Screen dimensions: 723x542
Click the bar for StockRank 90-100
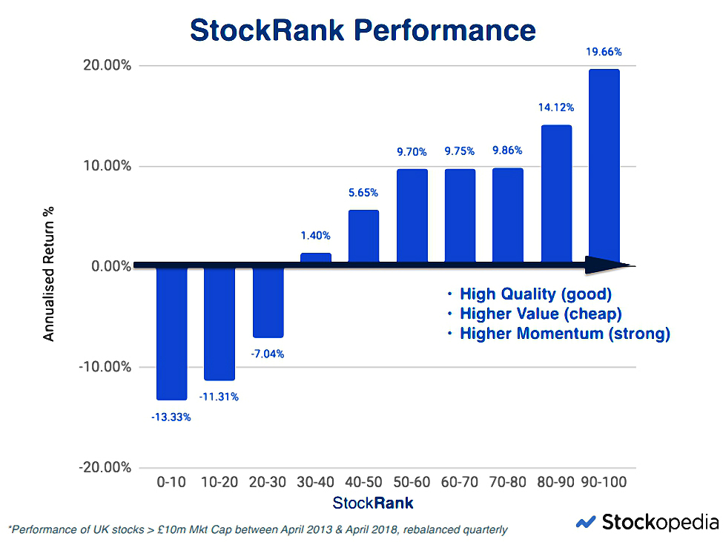(x=604, y=167)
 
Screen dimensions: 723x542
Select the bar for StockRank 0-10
(x=171, y=333)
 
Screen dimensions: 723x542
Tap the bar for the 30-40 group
(x=316, y=258)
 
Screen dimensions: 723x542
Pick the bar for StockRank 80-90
(x=557, y=194)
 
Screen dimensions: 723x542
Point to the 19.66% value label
(x=604, y=52)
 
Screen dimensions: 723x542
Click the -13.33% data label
(x=171, y=417)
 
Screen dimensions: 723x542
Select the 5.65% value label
(x=363, y=193)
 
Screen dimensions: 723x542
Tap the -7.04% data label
(x=268, y=354)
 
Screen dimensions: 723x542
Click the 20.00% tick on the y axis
(x=107, y=65)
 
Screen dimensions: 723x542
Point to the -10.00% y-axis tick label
(x=105, y=367)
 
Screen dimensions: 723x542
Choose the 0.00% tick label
(x=111, y=266)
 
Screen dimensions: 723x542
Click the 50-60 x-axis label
(x=412, y=482)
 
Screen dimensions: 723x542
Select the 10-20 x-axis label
(x=219, y=482)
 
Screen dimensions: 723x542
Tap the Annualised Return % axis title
(x=48, y=274)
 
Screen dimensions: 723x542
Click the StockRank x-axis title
(x=372, y=503)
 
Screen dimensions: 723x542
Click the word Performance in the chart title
(x=445, y=30)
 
